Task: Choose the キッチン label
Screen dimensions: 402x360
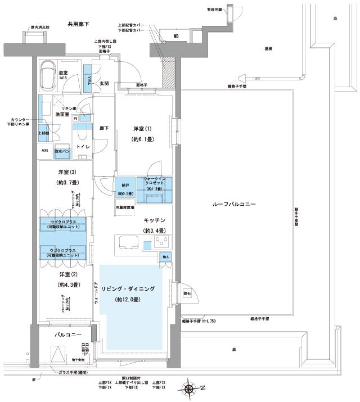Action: (x=154, y=221)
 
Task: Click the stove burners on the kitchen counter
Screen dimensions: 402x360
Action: (x=161, y=243)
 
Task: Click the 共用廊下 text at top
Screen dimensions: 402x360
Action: (x=79, y=24)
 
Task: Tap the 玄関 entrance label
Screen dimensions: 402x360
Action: (x=103, y=83)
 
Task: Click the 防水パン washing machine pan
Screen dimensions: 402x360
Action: (x=62, y=151)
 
